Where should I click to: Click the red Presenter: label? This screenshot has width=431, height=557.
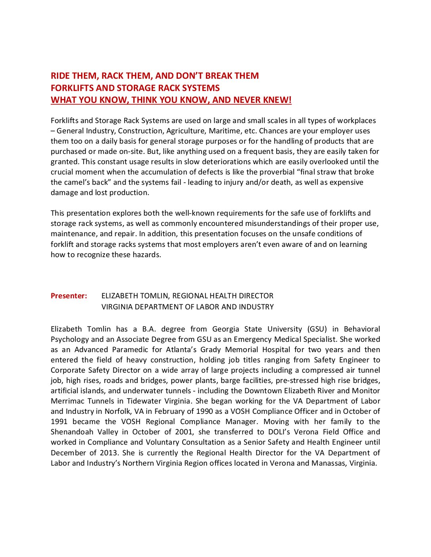[x=69, y=296]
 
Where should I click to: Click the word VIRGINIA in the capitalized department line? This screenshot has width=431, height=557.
[x=117, y=307]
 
